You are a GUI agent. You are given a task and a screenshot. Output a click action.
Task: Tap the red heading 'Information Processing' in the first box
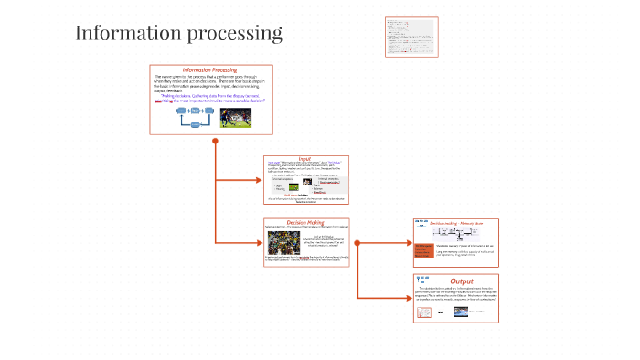click(x=209, y=69)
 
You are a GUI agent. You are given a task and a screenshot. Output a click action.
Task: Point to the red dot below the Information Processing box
click(x=215, y=142)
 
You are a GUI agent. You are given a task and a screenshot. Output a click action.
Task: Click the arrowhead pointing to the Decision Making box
click(x=259, y=243)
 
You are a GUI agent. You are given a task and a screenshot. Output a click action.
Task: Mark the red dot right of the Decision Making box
click(x=357, y=243)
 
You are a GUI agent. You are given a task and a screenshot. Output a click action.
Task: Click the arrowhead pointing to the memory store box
click(x=409, y=243)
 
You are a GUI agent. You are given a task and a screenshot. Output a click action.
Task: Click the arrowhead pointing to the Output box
click(x=409, y=298)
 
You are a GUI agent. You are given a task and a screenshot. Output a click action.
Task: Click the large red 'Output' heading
click(x=462, y=281)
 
